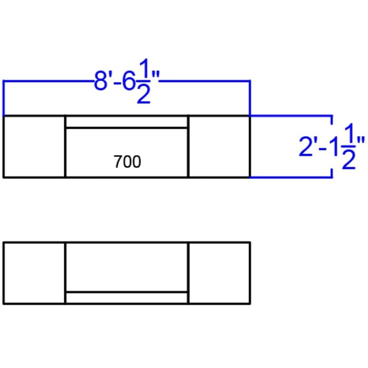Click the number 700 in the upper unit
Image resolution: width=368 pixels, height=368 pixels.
tap(127, 162)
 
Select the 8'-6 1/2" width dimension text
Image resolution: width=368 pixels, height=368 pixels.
tap(127, 81)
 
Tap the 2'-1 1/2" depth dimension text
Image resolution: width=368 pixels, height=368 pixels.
tap(332, 146)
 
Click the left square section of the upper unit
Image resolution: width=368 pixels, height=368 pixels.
tap(34, 147)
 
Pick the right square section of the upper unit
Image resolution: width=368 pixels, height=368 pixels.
tap(219, 147)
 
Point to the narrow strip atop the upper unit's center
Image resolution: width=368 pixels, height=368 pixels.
tap(127, 122)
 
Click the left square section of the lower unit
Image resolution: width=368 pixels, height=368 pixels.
tap(34, 273)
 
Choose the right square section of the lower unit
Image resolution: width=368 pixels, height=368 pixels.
tap(219, 273)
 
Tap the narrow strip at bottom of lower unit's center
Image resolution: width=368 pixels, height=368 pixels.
tap(127, 298)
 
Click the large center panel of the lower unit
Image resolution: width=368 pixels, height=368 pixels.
tap(127, 267)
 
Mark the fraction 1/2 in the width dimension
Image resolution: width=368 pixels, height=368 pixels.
tap(144, 81)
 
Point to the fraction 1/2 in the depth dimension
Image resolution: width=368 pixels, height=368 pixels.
tap(349, 146)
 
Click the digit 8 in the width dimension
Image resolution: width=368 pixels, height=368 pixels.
tap(101, 81)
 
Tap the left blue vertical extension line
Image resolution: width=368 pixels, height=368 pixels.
tap(4, 98)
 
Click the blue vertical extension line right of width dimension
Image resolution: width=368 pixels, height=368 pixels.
tap(250, 98)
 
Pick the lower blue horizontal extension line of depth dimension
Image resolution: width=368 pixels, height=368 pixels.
tap(291, 177)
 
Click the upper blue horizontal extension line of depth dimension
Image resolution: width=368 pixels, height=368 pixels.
tap(291, 116)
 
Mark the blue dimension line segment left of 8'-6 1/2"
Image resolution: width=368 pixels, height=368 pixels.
tap(48, 81)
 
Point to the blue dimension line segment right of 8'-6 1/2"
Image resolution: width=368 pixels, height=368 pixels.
tap(205, 81)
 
